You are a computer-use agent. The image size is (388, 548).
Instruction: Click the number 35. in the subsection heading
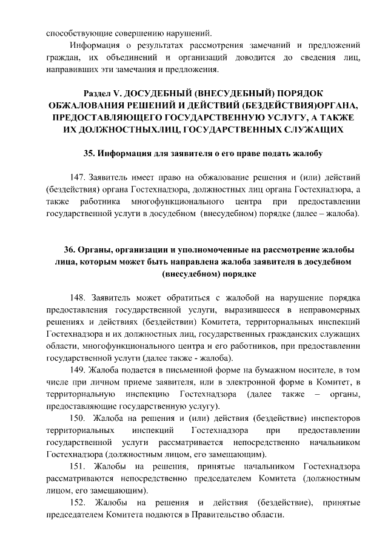(x=89, y=152)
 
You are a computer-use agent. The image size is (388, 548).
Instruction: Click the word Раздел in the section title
(x=99, y=93)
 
